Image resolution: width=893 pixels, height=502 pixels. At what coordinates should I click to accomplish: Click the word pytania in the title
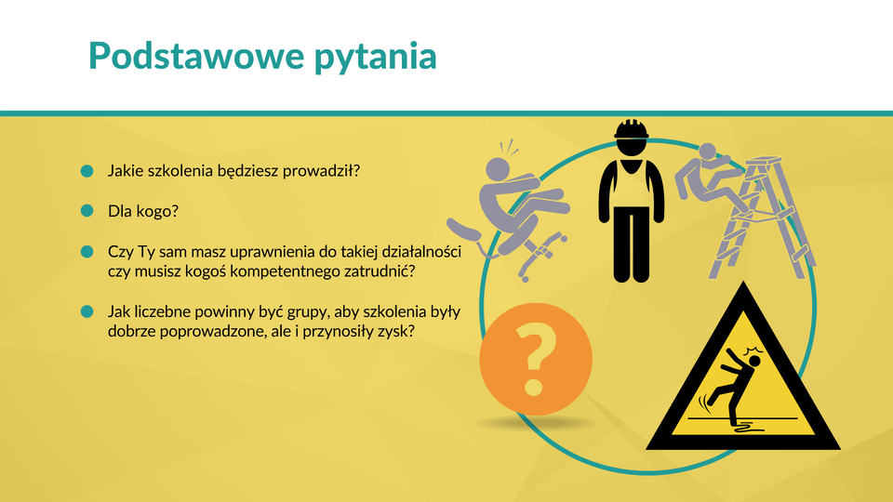click(x=376, y=59)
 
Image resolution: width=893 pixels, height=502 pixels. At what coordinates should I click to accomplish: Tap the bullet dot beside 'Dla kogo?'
click(x=87, y=211)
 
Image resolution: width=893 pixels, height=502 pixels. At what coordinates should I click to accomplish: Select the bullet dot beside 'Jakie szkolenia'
click(x=87, y=171)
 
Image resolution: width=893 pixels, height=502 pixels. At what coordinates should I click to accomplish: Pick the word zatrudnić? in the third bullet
click(x=380, y=271)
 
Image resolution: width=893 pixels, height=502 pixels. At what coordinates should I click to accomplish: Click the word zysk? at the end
click(x=396, y=331)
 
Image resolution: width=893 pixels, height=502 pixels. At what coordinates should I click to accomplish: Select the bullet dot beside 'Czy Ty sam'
click(x=87, y=252)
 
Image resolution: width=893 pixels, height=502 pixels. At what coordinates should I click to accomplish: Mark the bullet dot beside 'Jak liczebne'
click(x=87, y=311)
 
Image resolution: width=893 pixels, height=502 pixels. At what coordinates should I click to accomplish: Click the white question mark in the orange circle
click(x=535, y=359)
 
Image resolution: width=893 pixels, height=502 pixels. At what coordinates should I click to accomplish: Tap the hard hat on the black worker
click(x=631, y=129)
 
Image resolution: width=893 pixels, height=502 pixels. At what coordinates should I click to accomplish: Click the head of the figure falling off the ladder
click(x=707, y=152)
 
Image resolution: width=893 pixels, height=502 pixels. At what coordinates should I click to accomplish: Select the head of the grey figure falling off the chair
click(x=499, y=170)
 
